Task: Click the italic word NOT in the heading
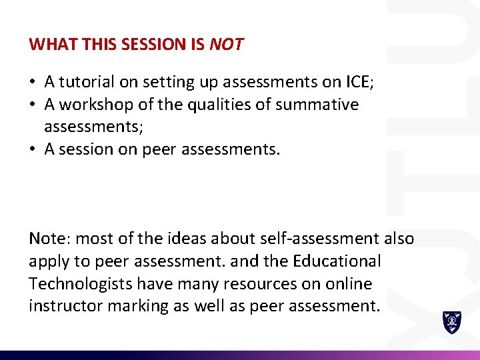click(x=227, y=45)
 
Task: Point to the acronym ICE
click(x=359, y=82)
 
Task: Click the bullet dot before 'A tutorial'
click(x=33, y=83)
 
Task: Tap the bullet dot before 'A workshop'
click(x=33, y=105)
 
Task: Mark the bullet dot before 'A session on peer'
click(x=33, y=150)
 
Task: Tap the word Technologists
click(x=80, y=284)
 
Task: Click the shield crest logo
click(x=452, y=323)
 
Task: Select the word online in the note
click(x=348, y=284)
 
